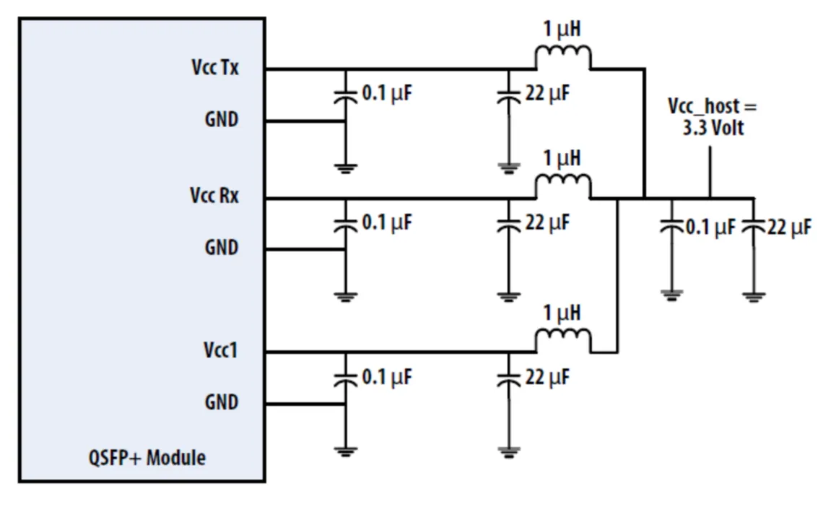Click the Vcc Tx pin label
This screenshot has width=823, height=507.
215,68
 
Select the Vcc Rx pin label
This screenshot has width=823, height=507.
214,196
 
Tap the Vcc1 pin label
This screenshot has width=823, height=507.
220,350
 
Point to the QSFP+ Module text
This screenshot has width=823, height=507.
148,457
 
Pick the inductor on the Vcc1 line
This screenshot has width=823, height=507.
562,340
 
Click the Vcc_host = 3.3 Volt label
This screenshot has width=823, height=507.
711,117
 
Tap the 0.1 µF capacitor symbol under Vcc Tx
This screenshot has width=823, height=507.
346,97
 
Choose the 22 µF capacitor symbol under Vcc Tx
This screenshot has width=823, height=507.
509,97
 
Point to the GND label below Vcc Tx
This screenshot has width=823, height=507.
221,118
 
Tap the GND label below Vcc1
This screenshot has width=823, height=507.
221,402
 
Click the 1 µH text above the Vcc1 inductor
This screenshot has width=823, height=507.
562,314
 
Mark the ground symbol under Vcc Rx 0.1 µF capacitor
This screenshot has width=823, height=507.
346,295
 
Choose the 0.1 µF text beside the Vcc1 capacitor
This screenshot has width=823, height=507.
386,377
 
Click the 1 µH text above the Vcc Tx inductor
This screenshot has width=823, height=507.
562,30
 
